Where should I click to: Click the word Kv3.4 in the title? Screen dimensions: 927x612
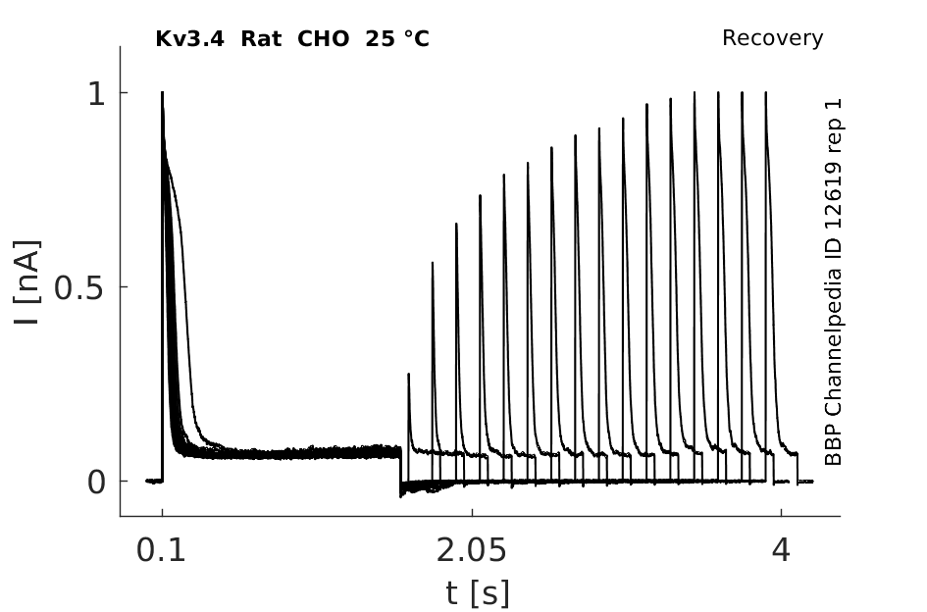[x=189, y=39]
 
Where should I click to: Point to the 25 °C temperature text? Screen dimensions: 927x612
[x=397, y=39]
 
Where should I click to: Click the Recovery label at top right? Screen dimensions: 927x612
[x=772, y=38]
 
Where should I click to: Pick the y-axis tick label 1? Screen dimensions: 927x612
[x=96, y=93]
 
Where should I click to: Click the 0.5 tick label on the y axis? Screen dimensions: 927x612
[x=79, y=288]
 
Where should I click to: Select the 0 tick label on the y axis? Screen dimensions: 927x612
[x=96, y=483]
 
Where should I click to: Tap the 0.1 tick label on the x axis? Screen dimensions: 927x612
[x=161, y=550]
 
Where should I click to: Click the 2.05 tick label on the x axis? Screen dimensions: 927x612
[x=471, y=550]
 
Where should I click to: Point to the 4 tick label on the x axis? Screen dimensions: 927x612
[x=781, y=550]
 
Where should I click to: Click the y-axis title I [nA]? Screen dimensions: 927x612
[x=27, y=282]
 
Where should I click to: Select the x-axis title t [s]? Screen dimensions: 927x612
[x=477, y=593]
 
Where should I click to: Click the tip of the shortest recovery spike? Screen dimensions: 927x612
[x=408, y=374]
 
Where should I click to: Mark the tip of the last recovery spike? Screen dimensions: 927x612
[x=766, y=92]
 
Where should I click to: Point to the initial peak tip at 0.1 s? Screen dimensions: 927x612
[x=163, y=92]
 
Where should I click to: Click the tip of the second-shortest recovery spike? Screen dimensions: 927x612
[x=433, y=262]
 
